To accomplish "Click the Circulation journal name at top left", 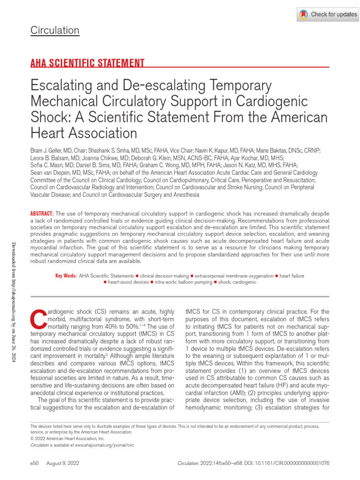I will pos(55,31).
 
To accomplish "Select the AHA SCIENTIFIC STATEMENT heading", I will pos(87,63).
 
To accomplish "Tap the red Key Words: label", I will pos(66,276).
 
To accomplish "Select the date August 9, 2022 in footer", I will pos(62,463).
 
